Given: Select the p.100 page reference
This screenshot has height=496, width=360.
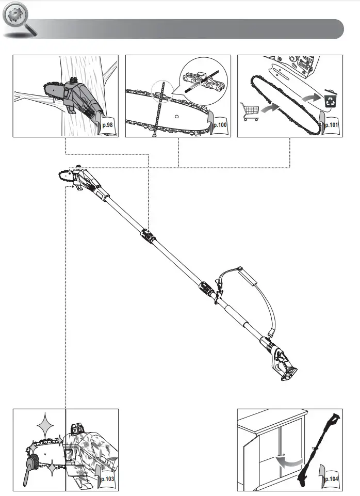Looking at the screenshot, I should point(219,124).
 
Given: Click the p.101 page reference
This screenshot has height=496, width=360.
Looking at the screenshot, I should point(330,124).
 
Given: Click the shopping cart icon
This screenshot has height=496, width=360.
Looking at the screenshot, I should point(250,111).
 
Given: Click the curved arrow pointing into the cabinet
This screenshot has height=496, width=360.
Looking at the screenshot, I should point(287,461).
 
